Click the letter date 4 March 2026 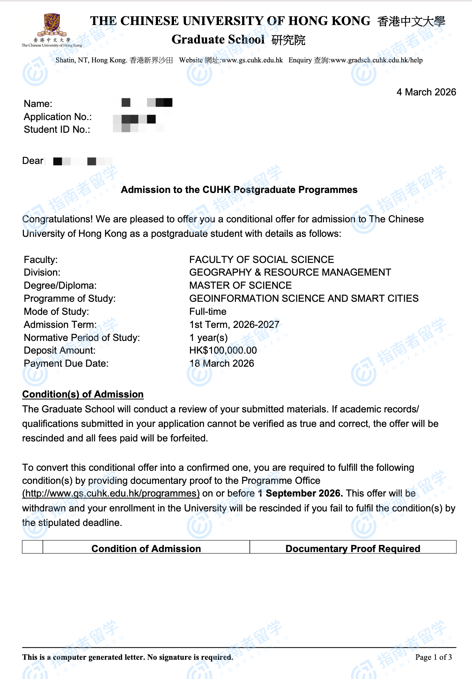pos(426,92)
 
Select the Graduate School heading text pos(218,40)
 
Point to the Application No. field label pos(58,117)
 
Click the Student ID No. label pos(57,129)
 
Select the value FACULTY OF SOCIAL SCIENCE pos(261,260)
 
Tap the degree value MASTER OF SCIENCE pos(240,285)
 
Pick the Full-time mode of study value pos(208,312)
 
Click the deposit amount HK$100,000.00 pos(223,350)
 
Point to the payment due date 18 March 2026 pos(221,363)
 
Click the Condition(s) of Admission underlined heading pos(83,394)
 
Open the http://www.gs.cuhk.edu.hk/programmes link pos(111,493)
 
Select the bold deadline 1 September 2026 pos(300,493)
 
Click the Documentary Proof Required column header pos(353,548)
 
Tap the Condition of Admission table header pos(146,548)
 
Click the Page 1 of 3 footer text pos(433,657)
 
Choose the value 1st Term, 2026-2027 pos(234,325)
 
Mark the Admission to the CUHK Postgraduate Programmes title pos(239,190)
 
